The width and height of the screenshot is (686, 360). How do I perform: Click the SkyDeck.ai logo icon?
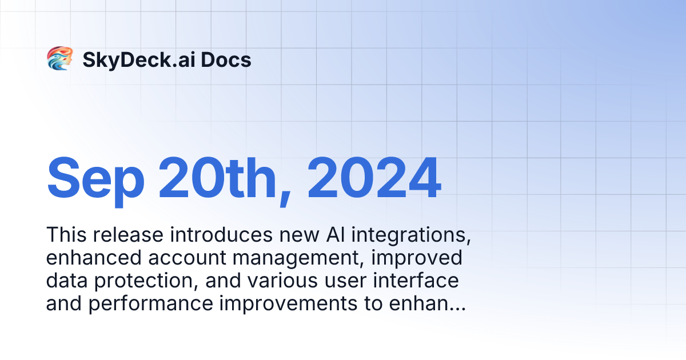point(59,59)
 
